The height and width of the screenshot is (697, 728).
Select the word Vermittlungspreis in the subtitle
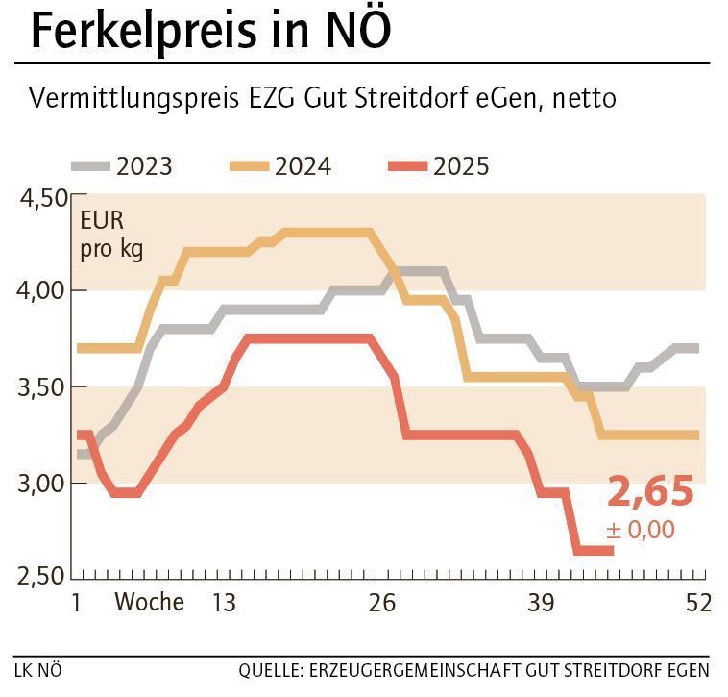127,98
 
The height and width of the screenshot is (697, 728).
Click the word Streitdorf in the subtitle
420,98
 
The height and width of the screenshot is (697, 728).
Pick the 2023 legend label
144,166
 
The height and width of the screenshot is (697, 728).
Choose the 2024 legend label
303,166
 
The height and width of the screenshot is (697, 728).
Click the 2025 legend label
461,166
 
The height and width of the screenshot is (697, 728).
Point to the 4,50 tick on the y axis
43,198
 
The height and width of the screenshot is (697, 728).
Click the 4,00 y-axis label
43,291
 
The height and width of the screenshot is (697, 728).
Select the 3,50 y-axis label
43,387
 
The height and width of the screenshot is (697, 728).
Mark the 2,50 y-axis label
43,577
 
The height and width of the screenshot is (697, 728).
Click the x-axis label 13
224,603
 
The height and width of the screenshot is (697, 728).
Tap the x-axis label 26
382,603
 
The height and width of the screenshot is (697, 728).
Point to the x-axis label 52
698,603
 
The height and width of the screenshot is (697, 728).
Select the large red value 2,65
650,491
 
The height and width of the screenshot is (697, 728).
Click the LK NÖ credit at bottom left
37,669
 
